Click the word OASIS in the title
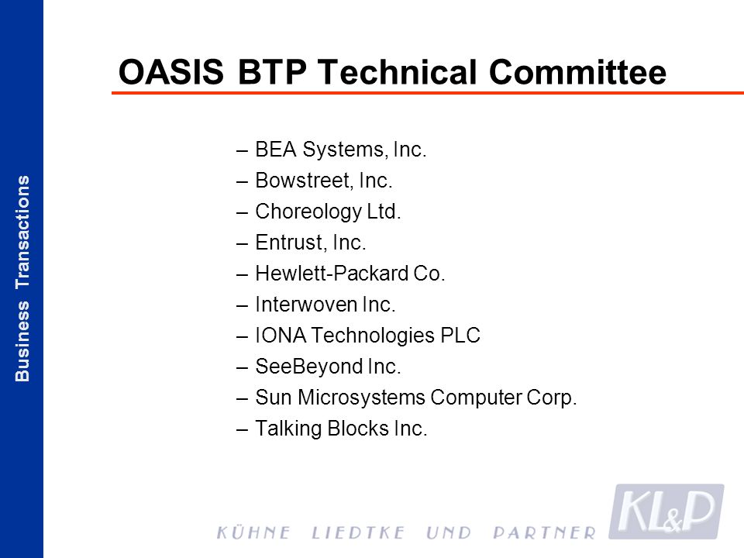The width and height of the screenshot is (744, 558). point(170,72)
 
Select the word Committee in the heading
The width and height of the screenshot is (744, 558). point(577,72)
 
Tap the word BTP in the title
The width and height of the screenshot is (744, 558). point(272,72)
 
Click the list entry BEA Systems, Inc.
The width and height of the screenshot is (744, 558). point(341,149)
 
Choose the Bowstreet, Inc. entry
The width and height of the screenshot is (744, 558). point(324,181)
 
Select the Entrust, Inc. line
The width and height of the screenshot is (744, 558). point(310,243)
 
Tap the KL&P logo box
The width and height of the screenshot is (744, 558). point(666,511)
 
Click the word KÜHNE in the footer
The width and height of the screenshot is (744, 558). point(253,532)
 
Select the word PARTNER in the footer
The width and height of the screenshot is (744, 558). point(544,533)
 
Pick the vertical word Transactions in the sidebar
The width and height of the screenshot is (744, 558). point(22,232)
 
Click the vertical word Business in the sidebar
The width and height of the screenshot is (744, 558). point(22,341)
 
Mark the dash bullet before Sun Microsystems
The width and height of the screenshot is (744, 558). point(242,398)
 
